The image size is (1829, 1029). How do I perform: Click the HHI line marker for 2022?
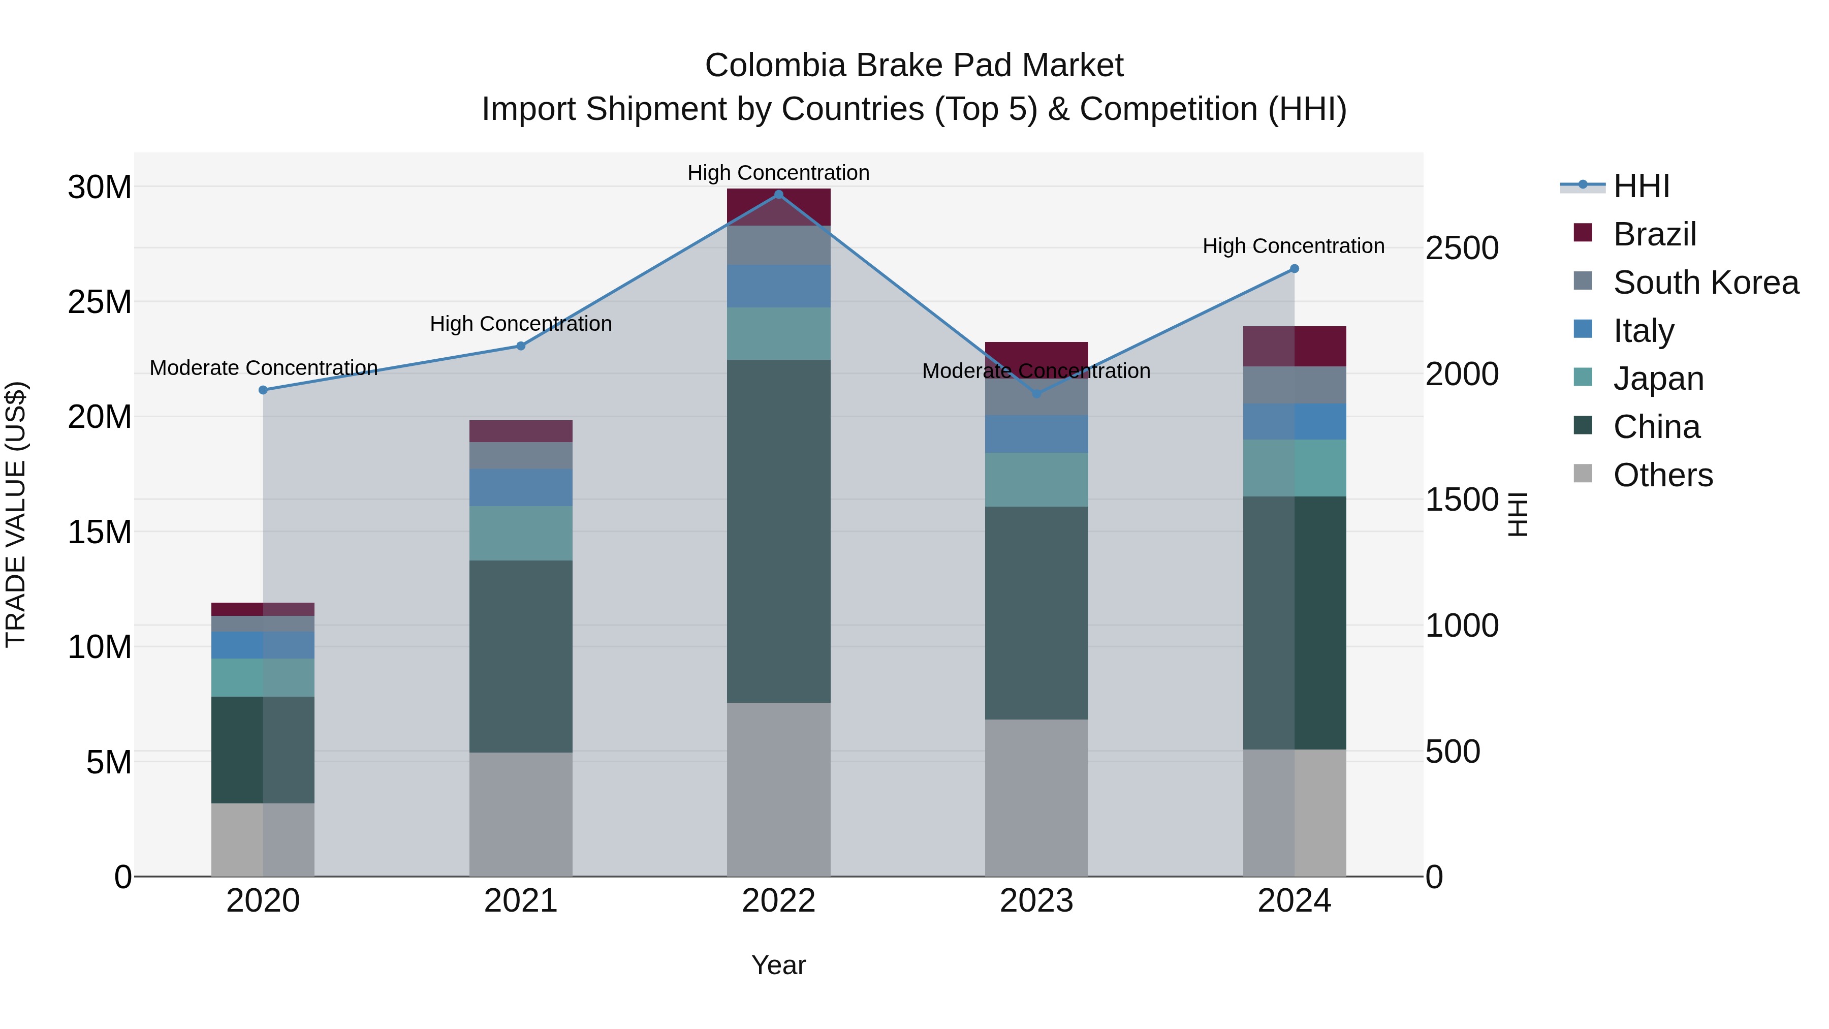(778, 194)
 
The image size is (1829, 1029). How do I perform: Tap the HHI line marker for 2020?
(263, 390)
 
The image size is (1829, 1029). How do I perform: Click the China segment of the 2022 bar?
(778, 531)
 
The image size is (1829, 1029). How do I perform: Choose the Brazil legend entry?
(1654, 234)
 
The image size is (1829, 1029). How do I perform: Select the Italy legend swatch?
(1583, 329)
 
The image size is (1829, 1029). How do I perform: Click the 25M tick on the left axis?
(100, 302)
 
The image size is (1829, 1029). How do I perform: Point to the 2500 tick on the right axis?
(1462, 248)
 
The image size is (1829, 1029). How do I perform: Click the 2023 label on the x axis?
(1036, 901)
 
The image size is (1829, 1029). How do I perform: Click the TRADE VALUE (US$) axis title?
(16, 514)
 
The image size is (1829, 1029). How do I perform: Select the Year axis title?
(778, 965)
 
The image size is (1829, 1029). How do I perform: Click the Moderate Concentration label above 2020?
(263, 368)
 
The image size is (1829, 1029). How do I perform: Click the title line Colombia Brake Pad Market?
(914, 66)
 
